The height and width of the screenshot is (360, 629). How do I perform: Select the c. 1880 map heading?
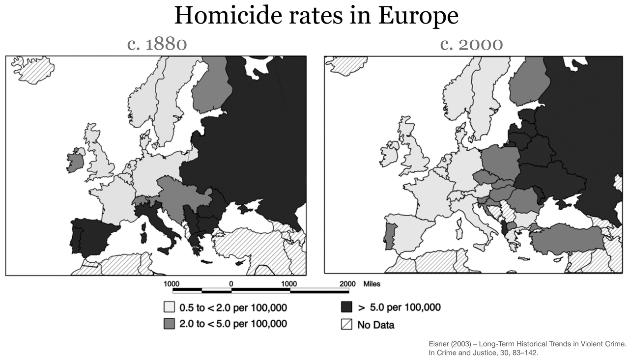[x=157, y=44]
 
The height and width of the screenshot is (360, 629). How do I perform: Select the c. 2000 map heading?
[x=471, y=44]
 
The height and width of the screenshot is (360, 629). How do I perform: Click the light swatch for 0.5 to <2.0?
[x=169, y=308]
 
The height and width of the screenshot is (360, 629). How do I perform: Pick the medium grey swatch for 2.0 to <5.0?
[x=169, y=324]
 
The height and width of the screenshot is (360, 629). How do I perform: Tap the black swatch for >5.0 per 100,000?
[x=346, y=308]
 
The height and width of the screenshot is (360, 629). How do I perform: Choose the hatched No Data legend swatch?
[x=346, y=324]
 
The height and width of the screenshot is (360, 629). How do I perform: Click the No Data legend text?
[x=375, y=325]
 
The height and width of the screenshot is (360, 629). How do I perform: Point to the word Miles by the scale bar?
[x=372, y=284]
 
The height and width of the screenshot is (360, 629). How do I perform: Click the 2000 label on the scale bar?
[x=347, y=284]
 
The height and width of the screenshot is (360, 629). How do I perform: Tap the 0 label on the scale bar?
[x=230, y=284]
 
